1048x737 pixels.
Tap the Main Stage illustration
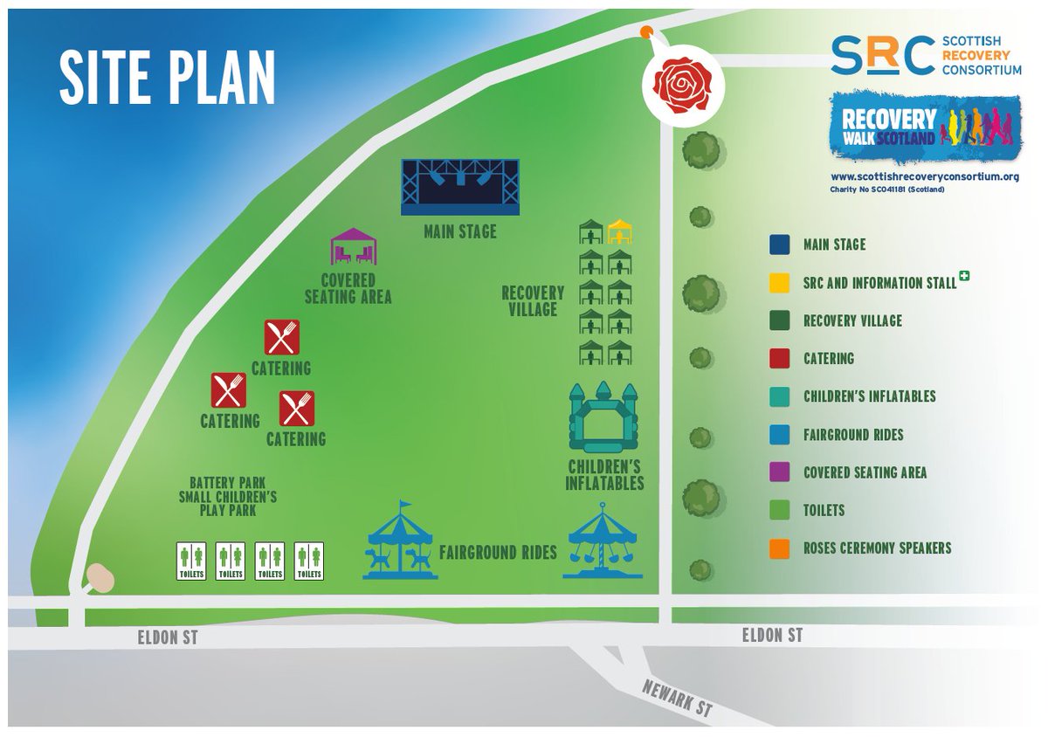(x=459, y=187)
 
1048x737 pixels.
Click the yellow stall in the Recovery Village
(x=619, y=232)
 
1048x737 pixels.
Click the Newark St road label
(x=679, y=699)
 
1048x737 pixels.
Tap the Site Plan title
(x=167, y=78)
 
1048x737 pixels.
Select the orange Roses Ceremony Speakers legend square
(x=780, y=548)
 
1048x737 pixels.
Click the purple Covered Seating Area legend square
(x=780, y=472)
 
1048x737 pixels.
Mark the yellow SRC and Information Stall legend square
(x=780, y=283)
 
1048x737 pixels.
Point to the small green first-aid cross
(x=965, y=277)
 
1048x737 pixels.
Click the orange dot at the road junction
(x=645, y=32)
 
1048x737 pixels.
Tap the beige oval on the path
(x=100, y=577)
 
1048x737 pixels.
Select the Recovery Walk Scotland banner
(x=925, y=126)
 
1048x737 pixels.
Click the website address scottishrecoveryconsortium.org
(x=925, y=177)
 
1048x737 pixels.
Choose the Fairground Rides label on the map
(x=498, y=553)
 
